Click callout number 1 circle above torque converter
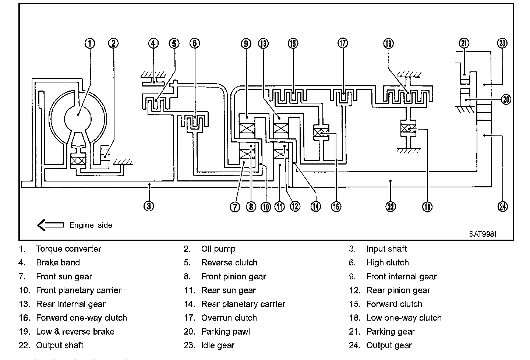(90, 43)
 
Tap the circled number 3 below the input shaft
(149, 206)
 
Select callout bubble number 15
(293, 43)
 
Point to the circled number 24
(502, 206)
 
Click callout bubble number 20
(506, 99)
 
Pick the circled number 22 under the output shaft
(391, 206)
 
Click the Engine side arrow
(50, 225)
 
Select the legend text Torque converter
(68, 249)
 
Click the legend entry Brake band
(58, 263)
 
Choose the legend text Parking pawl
(225, 332)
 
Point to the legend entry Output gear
(389, 346)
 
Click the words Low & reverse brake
(75, 332)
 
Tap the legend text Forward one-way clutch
(81, 318)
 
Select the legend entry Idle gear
(218, 346)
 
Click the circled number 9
(246, 43)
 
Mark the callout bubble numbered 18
(427, 206)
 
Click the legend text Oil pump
(218, 249)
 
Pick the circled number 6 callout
(195, 43)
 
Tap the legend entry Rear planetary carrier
(243, 304)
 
